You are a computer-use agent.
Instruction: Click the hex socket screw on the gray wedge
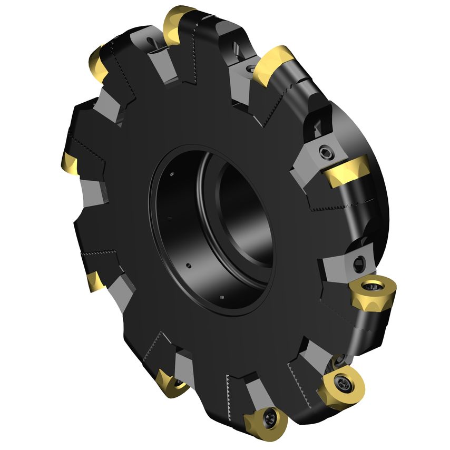(325, 153)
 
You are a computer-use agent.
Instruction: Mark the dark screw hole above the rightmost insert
(360, 261)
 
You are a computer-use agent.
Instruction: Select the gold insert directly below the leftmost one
(95, 280)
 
